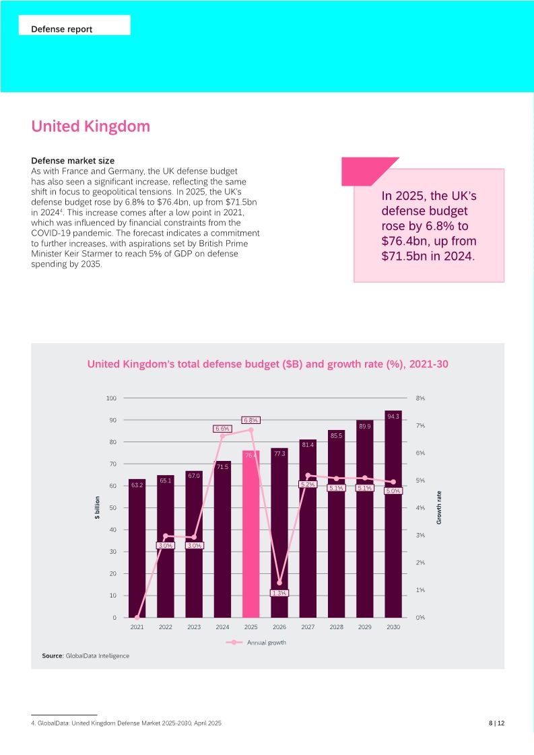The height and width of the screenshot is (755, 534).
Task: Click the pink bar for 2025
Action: click(251, 538)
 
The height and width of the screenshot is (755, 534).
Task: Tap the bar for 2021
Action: click(137, 552)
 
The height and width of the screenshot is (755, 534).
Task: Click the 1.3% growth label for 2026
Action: click(279, 593)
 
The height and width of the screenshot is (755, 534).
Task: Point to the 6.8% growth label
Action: click(251, 420)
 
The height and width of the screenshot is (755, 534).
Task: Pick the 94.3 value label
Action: click(393, 417)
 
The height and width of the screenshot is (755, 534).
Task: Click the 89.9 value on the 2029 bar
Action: click(364, 426)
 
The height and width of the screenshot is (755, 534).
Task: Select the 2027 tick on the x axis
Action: click(308, 627)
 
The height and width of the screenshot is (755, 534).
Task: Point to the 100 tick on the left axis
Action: click(111, 398)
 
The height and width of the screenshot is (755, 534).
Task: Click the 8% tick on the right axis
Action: click(420, 398)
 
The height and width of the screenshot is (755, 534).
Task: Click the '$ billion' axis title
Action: click(97, 507)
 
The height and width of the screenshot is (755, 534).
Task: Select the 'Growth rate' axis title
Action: click(439, 507)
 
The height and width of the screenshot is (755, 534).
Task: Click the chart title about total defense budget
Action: click(267, 364)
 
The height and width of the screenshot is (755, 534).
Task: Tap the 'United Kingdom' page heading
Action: click(90, 127)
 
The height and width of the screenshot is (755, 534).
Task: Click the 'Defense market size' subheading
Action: click(73, 161)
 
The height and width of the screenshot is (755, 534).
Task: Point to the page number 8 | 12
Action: click(496, 723)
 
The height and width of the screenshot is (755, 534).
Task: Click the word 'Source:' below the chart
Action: click(53, 655)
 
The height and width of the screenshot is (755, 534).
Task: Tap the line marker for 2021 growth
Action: click(137, 617)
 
